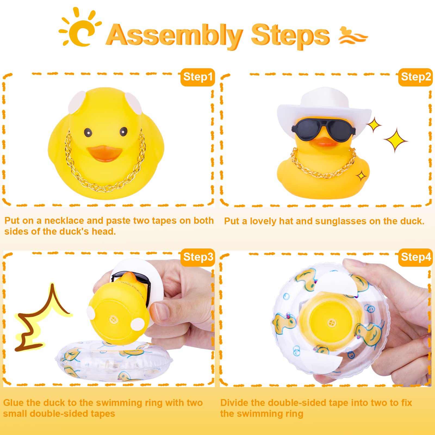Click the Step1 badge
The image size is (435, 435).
click(198, 77)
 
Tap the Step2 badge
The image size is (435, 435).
click(415, 77)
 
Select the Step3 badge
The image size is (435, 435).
click(198, 257)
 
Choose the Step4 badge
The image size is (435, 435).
click(415, 257)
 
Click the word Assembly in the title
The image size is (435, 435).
click(174, 35)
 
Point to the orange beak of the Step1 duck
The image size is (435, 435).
click(105, 153)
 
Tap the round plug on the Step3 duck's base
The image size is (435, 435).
click(113, 319)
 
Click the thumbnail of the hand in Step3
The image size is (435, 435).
click(160, 310)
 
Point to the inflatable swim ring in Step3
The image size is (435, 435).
click(114, 362)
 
